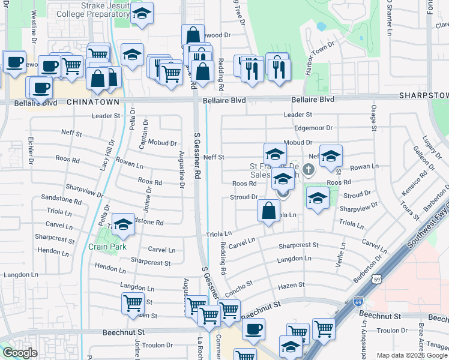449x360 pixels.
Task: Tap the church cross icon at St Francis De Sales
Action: pos(309,170)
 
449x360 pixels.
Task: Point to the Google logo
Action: pos(20,353)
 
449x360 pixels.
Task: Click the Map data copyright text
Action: pos(412,355)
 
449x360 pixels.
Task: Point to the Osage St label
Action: pos(373,117)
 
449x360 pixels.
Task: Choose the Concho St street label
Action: pos(240,288)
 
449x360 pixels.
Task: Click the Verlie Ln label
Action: pos(343,254)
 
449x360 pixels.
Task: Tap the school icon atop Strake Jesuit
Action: pos(142,14)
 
